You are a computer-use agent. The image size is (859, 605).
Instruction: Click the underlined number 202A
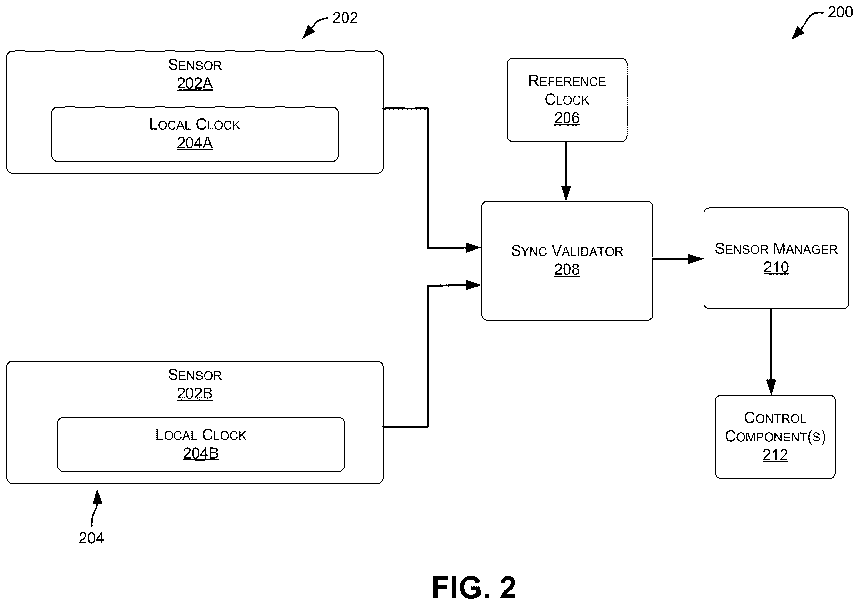[x=195, y=84]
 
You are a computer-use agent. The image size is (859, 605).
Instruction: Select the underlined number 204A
[x=195, y=143]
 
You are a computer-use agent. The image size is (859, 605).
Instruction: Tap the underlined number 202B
[x=195, y=394]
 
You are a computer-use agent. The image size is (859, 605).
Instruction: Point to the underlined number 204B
[x=201, y=453]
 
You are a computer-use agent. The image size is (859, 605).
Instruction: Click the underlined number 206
[x=567, y=118]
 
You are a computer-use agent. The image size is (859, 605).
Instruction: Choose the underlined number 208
[x=567, y=269]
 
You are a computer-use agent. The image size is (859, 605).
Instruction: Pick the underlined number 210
[x=776, y=267]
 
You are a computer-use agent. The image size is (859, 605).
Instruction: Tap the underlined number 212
[x=775, y=455]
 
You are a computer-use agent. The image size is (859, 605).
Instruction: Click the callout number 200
[x=840, y=12]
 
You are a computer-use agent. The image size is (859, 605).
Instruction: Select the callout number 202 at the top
[x=345, y=17]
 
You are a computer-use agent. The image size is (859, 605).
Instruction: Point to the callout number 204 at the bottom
[x=91, y=538]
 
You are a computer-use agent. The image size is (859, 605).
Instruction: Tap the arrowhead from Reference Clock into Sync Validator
[x=566, y=193]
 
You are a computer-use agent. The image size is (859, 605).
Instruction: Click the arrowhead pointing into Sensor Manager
[x=696, y=259]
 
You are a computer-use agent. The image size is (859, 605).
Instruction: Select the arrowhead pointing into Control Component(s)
[x=771, y=387]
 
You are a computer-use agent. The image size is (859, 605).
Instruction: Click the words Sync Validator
[x=567, y=251]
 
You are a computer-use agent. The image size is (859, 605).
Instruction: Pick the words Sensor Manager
[x=776, y=249]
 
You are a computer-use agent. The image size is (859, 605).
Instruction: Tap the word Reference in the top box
[x=567, y=81]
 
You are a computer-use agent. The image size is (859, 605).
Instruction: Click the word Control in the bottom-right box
[x=775, y=418]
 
